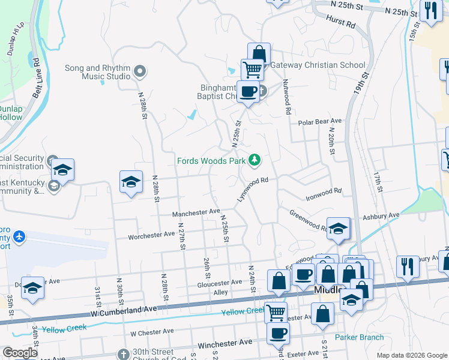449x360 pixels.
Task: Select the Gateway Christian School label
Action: [x=318, y=65]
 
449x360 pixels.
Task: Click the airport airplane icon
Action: [x=20, y=236]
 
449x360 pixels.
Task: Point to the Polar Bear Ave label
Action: [x=320, y=122]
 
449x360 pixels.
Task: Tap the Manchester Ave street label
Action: [x=196, y=212]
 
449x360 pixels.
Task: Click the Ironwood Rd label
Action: [x=324, y=191]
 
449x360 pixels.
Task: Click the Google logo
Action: [x=20, y=353]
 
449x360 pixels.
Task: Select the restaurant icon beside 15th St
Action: [x=431, y=11]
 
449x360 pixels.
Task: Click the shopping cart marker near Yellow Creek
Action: [x=275, y=311]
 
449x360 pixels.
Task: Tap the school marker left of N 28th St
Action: [x=131, y=181]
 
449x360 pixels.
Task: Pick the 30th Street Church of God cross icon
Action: [x=124, y=354]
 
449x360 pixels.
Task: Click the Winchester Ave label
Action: [x=225, y=343]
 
